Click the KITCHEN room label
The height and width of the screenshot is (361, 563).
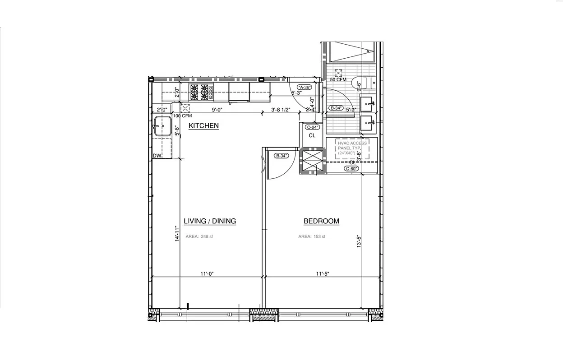[203, 125]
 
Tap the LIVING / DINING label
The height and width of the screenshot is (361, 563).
[210, 221]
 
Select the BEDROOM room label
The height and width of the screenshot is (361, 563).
[321, 221]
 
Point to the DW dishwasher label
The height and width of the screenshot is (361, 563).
[157, 156]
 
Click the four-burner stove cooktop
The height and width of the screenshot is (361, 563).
[199, 92]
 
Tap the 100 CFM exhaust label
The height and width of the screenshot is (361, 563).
[182, 116]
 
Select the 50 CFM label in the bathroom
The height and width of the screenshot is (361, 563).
[338, 79]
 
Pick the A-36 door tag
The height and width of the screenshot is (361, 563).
[305, 87]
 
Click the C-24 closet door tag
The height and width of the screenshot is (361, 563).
[312, 127]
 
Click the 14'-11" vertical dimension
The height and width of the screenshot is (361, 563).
[177, 235]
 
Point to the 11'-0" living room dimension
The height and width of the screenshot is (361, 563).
[207, 273]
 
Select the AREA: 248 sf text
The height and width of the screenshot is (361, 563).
[198, 236]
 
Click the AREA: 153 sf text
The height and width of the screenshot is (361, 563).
[312, 236]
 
